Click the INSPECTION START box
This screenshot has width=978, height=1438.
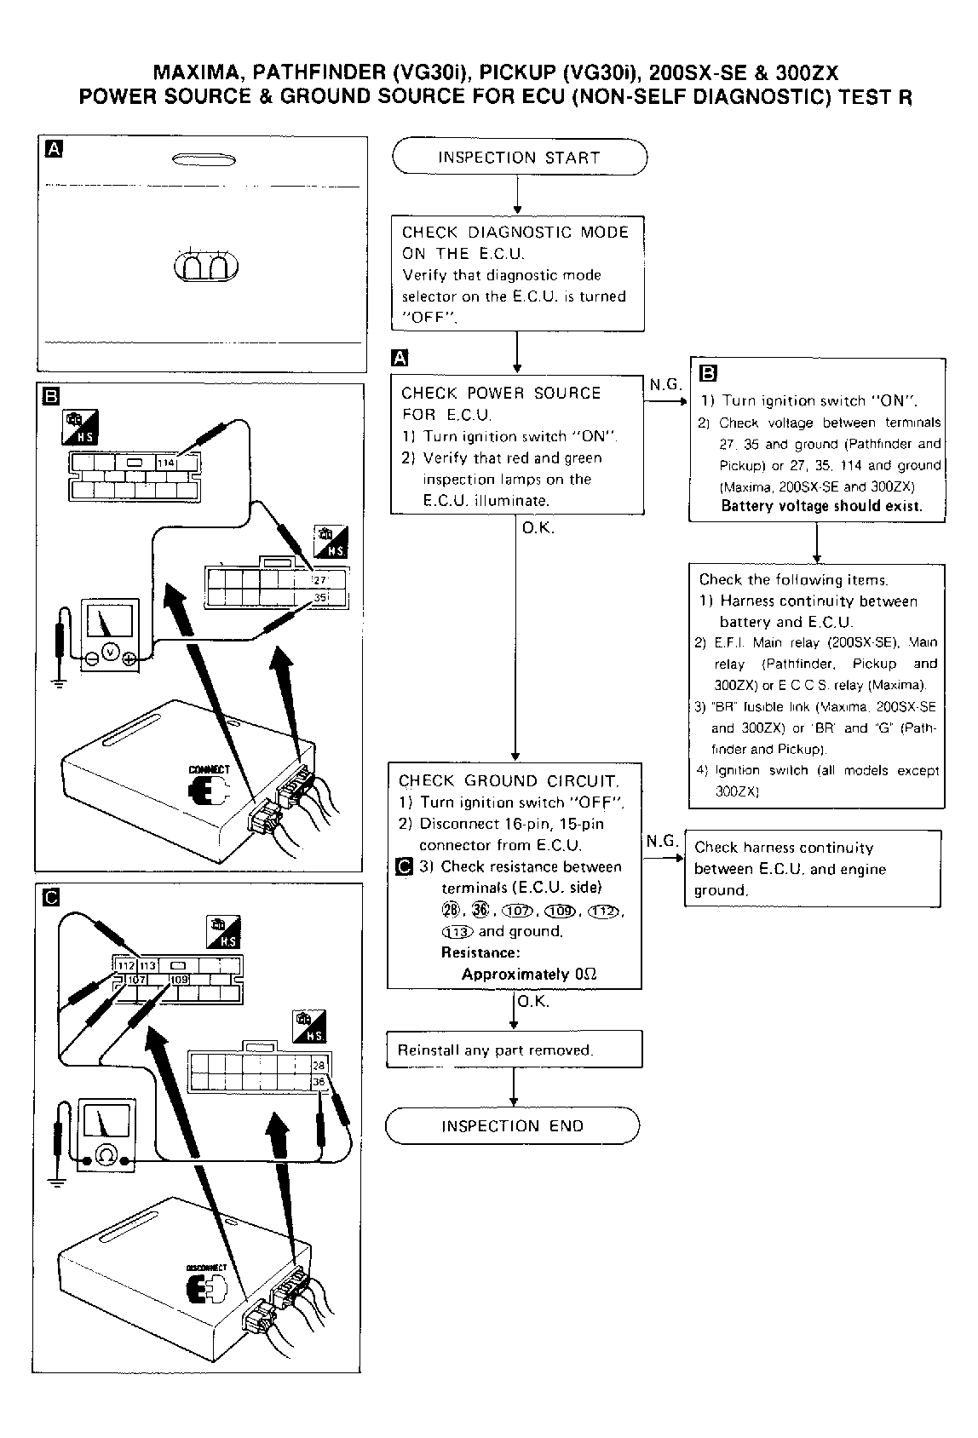[519, 158]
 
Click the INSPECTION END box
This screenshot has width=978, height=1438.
[512, 1126]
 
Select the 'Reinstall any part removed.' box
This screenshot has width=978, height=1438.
[514, 1050]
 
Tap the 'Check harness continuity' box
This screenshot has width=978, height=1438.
[813, 869]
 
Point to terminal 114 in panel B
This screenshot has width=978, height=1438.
[165, 463]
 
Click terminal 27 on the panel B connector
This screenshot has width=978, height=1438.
[321, 580]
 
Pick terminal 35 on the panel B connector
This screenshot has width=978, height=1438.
[321, 598]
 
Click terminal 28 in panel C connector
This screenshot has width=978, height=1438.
[319, 1066]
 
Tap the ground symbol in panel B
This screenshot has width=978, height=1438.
[59, 681]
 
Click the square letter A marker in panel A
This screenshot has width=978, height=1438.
[54, 150]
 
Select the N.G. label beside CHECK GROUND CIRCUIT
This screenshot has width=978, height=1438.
[661, 842]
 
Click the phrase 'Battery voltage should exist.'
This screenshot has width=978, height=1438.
[821, 506]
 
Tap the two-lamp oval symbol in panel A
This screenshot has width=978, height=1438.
[206, 267]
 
